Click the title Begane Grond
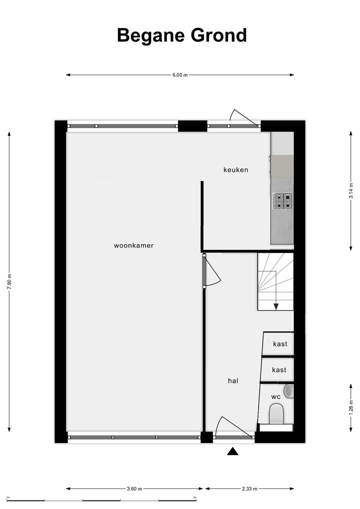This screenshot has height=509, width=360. coord(182,35)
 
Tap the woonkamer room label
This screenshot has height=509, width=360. coord(133,245)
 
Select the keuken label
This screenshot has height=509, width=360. coord(235,169)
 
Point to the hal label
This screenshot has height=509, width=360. coord(233,380)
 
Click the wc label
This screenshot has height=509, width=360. coord(276,396)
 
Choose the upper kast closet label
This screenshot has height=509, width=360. coord(280,344)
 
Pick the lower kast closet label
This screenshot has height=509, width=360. coord(279,369)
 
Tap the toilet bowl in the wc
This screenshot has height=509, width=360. coord(276,414)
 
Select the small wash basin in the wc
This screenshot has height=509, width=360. coord(289,391)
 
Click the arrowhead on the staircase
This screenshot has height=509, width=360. coord(276,306)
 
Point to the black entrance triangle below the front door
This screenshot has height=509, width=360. coord(232,451)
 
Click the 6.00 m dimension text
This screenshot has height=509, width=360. coord(180,75)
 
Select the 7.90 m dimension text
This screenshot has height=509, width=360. coord(9,282)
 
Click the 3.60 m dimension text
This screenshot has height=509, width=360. coord(134,488)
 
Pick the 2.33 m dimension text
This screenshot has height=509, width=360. coord(249,488)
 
